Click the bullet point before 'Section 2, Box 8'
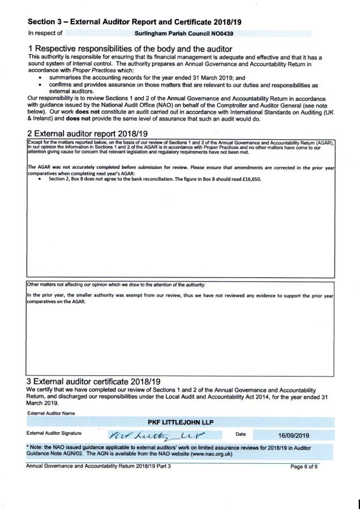pyautogui.click(x=40, y=179)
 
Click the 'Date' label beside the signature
pyautogui.click(x=241, y=434)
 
